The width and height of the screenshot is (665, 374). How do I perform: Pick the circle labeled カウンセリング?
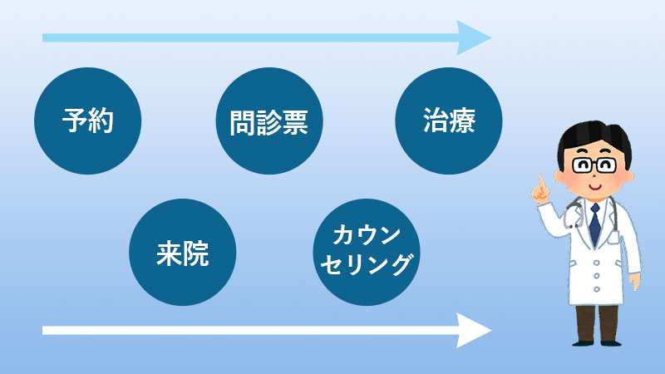pos(366,251)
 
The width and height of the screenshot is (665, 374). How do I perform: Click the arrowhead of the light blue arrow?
pos(475,37)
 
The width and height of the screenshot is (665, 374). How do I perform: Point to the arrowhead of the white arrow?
pos(475,331)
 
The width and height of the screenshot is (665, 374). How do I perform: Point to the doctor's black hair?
pos(592,133)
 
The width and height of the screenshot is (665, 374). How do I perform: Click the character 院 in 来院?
pos(196,254)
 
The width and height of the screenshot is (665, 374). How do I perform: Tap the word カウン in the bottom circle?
pos(367,235)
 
